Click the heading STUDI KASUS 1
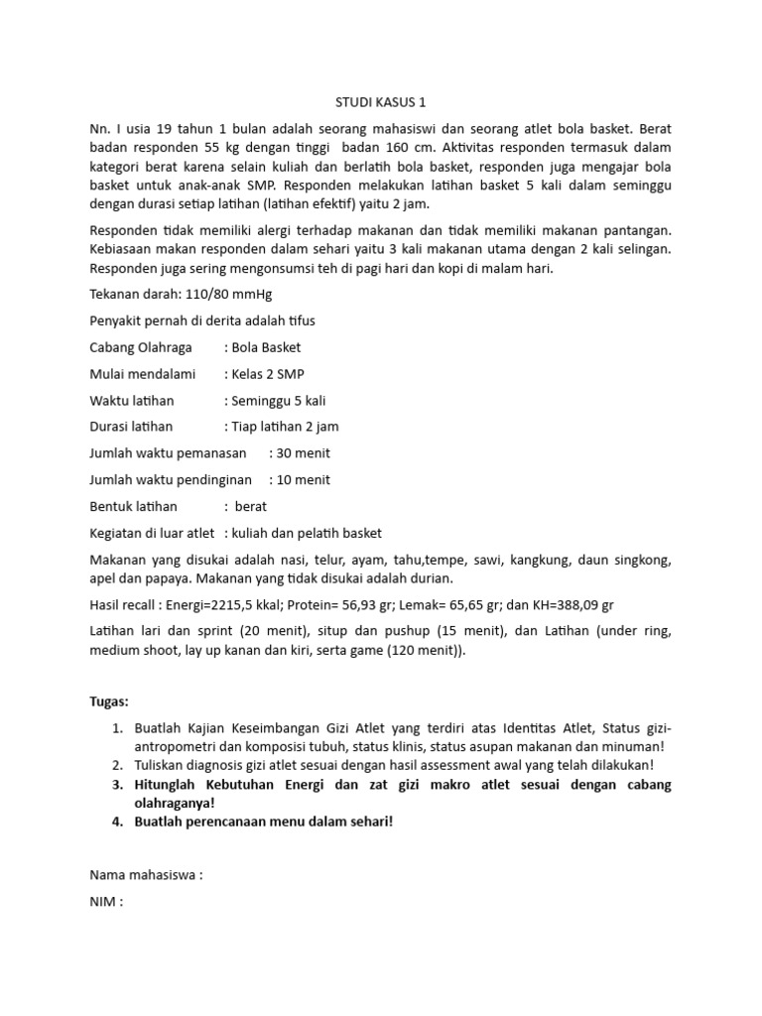click(x=380, y=102)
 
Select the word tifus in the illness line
click(x=300, y=321)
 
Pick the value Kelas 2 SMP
click(x=268, y=374)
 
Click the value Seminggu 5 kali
click(x=278, y=401)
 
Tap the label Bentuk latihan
click(x=134, y=506)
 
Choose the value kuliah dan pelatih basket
click(x=307, y=533)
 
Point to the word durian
click(x=433, y=577)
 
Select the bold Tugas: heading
click(x=109, y=701)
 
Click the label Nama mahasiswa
click(x=146, y=875)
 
